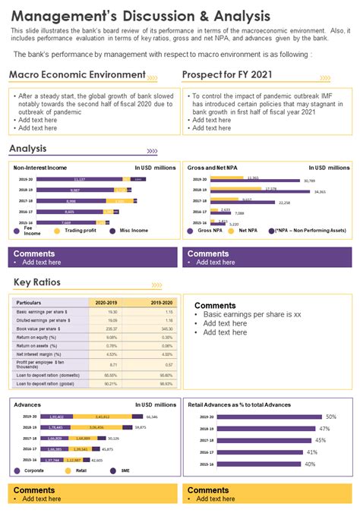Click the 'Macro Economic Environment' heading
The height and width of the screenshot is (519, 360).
click(x=77, y=74)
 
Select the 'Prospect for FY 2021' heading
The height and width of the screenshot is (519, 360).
click(x=226, y=74)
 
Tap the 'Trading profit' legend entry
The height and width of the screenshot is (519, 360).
click(x=80, y=230)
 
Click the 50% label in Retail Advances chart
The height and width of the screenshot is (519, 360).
click(x=330, y=417)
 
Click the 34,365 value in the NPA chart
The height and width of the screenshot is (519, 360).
click(x=318, y=192)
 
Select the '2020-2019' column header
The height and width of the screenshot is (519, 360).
click(x=106, y=303)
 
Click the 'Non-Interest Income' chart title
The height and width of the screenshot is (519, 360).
click(x=40, y=167)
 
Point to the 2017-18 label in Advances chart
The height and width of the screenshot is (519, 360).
click(x=30, y=438)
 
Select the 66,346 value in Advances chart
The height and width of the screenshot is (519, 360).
click(x=152, y=417)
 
